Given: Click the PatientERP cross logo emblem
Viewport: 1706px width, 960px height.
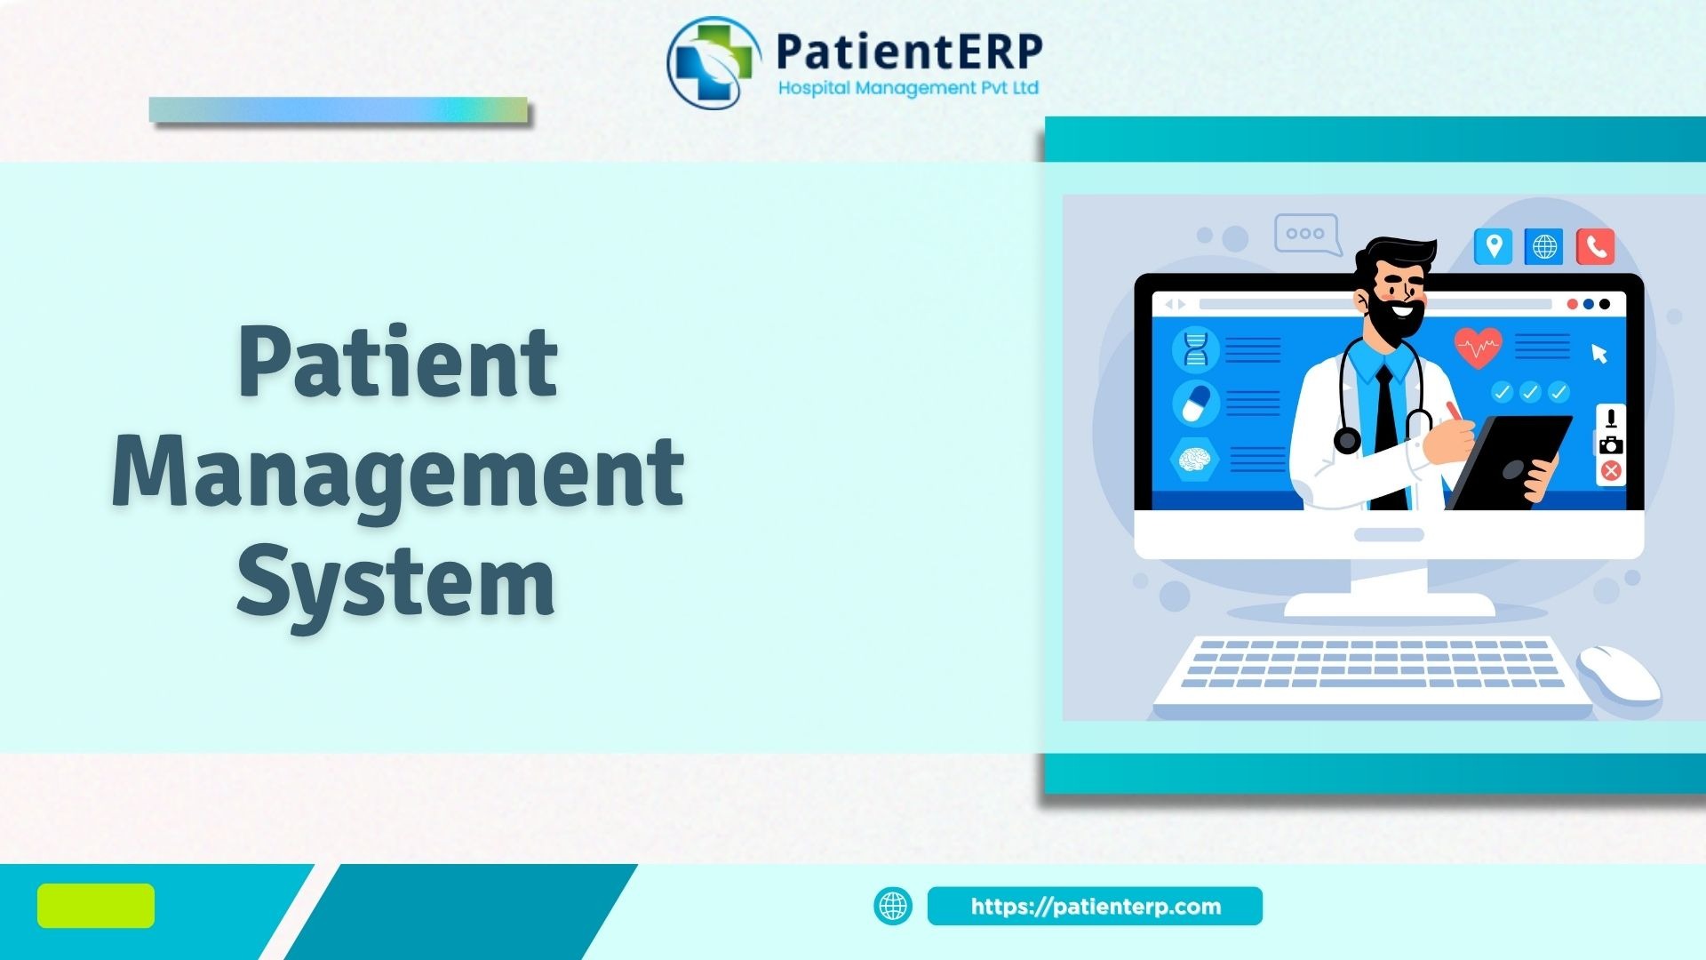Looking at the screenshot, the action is tap(713, 62).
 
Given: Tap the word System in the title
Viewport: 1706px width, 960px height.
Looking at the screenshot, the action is tap(396, 584).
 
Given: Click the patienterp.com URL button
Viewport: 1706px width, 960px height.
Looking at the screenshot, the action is tap(1095, 906).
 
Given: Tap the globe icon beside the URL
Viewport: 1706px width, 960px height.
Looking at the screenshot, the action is tap(893, 906).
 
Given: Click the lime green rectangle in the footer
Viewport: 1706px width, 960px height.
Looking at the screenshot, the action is tap(96, 906).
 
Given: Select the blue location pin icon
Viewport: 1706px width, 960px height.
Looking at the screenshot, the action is tap(1494, 246).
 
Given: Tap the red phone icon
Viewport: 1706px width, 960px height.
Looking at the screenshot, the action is tap(1596, 246).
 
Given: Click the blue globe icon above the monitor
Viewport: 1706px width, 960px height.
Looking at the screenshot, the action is tap(1544, 246).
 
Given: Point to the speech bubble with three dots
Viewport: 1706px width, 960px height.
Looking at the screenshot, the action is tap(1307, 235).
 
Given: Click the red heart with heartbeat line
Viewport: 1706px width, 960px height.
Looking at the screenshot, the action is tap(1479, 348).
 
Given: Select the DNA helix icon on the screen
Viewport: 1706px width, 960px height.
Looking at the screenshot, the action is tap(1196, 348).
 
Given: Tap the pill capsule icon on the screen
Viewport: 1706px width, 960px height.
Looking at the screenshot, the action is tap(1196, 404).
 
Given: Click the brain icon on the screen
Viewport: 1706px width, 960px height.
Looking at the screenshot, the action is tap(1195, 459).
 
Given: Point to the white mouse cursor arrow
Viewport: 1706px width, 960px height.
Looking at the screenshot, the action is tap(1599, 354).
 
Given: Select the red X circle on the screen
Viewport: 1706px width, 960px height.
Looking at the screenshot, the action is tap(1611, 471).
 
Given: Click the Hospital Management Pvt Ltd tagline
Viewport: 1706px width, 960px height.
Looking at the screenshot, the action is tap(908, 88).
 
